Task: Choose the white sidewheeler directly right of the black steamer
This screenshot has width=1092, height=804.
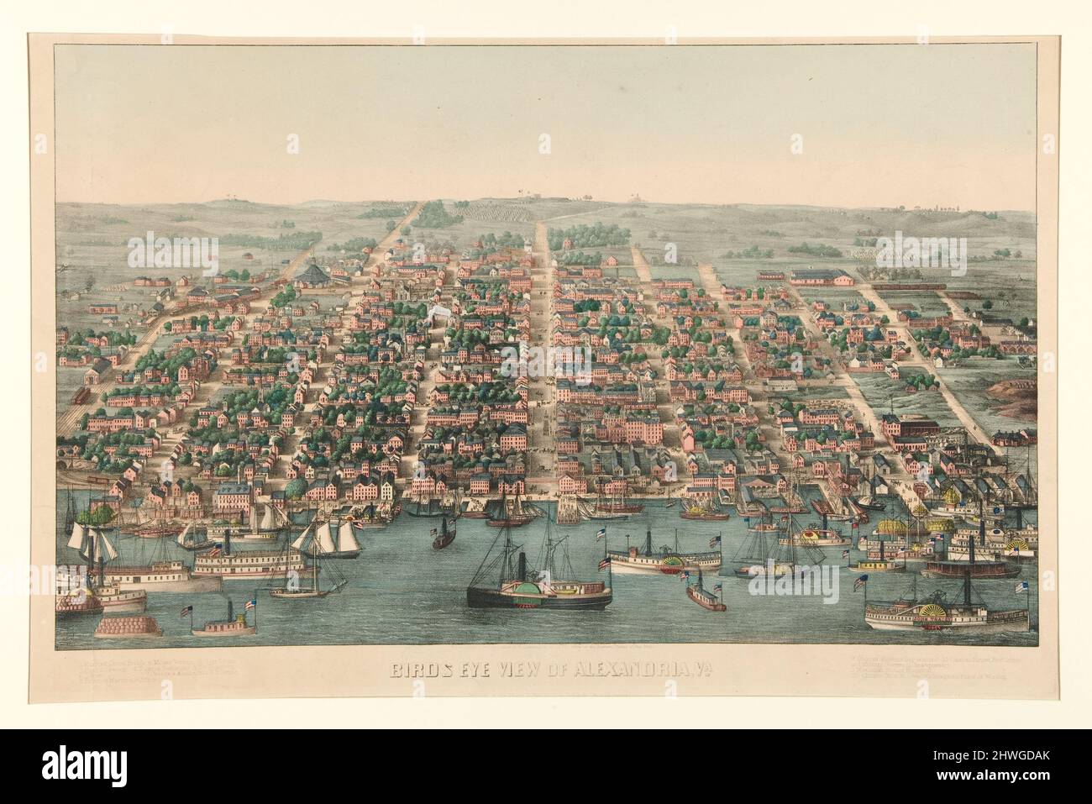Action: point(664,559)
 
